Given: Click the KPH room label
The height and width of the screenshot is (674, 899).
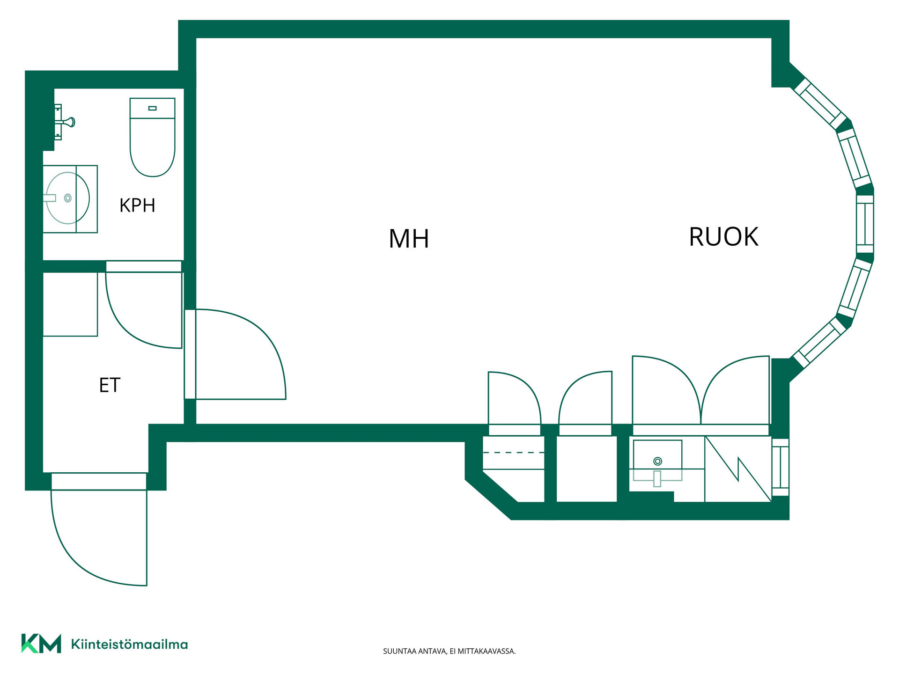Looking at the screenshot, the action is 137,205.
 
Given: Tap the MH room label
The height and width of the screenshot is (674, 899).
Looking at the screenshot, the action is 409,239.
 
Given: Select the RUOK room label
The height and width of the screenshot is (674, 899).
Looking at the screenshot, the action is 723,237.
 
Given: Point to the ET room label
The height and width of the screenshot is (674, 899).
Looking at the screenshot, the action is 110,385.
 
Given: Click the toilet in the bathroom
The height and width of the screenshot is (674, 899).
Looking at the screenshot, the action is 152,137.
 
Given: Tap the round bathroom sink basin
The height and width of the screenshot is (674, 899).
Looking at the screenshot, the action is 67,198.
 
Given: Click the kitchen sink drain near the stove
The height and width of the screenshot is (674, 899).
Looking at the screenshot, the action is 657,462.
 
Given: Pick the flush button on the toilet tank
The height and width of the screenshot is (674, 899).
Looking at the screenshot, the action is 152,108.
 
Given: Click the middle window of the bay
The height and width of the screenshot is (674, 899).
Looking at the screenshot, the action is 865,224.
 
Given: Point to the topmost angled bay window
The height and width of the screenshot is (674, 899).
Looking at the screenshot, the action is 820,104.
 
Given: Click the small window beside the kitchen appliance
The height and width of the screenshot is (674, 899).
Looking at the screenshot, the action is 780,467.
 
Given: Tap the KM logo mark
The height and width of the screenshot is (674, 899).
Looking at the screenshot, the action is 41,644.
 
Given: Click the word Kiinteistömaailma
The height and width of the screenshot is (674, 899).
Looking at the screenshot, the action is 129,645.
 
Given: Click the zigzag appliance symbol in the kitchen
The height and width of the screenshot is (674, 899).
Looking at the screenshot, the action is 738,469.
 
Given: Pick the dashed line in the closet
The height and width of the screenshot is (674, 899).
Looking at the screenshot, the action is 514,453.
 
